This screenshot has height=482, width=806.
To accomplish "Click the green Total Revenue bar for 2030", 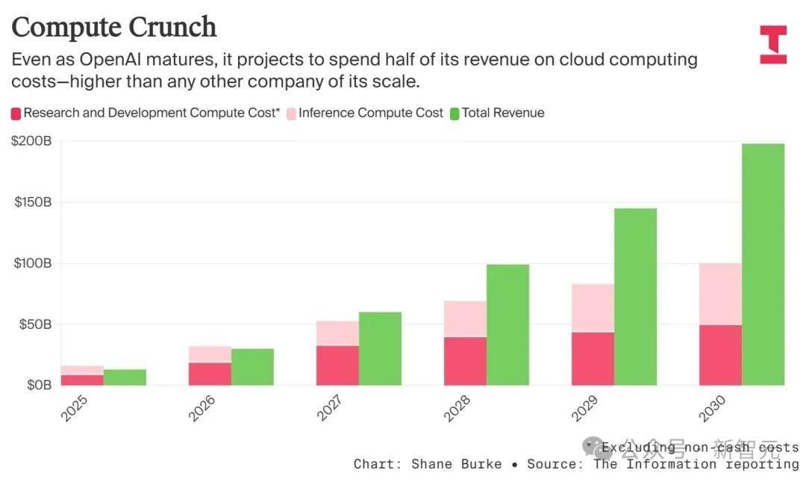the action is pyautogui.click(x=763, y=265).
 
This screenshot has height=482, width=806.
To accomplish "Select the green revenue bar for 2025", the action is pyautogui.click(x=125, y=377).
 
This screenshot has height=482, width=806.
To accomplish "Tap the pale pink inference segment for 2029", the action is pyautogui.click(x=593, y=308).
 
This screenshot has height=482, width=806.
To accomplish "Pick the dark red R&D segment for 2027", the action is pyautogui.click(x=338, y=365).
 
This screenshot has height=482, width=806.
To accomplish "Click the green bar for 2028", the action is pyautogui.click(x=508, y=325).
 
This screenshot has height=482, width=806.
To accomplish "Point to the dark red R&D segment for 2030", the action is pyautogui.click(x=721, y=355).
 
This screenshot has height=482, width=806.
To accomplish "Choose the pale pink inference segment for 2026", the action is pyautogui.click(x=210, y=354).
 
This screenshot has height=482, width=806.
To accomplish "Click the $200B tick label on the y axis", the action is pyautogui.click(x=32, y=141).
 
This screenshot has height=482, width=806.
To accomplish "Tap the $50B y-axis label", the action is pyautogui.click(x=35, y=324).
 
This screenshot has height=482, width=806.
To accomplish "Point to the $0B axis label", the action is pyautogui.click(x=40, y=385).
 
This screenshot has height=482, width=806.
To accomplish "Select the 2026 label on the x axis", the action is pyautogui.click(x=202, y=408).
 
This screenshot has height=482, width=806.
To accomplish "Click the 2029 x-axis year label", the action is pyautogui.click(x=585, y=408).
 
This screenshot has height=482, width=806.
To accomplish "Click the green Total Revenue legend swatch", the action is pyautogui.click(x=454, y=114).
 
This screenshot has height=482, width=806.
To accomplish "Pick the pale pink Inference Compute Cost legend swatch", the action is pyautogui.click(x=292, y=114).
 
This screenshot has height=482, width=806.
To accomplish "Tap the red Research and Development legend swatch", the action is pyautogui.click(x=16, y=114).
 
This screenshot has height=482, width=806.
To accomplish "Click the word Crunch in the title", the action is pyautogui.click(x=172, y=27).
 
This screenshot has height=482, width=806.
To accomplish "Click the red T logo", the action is pyautogui.click(x=774, y=45).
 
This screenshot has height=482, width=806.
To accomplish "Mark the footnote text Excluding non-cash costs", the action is pyautogui.click(x=700, y=448).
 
